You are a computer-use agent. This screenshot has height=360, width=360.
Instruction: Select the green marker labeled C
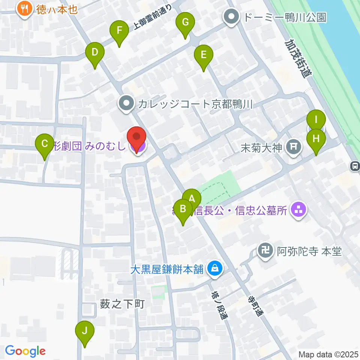[45, 144]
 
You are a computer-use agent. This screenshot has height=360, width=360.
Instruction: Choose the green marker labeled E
[204, 55]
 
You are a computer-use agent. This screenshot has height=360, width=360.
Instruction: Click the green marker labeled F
[120, 31]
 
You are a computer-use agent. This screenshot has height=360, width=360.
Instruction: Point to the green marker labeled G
[185, 22]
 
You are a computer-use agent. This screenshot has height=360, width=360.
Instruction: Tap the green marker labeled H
[316, 139]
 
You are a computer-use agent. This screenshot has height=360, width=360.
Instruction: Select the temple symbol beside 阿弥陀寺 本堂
[266, 251]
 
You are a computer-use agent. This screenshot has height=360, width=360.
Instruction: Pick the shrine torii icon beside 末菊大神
[293, 147]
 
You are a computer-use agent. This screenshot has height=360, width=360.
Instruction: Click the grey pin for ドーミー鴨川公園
[232, 17]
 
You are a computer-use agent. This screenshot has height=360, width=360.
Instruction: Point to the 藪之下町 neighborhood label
[123, 304]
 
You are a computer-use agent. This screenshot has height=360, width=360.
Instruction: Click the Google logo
[25, 351]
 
